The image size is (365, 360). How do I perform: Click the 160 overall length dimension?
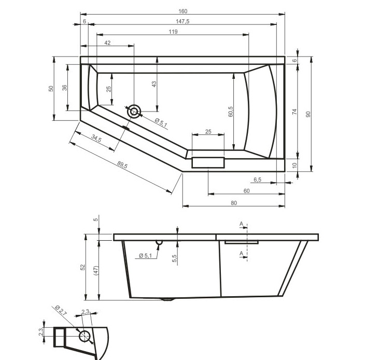coord(183,11)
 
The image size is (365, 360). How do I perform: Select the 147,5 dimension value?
coord(182,21)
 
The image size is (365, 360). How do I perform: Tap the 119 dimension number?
coord(173,32)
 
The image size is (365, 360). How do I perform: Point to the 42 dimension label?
coord(107,43)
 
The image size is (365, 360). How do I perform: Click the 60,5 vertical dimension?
coord(231,112)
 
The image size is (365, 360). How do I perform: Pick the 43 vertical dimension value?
coord(154,85)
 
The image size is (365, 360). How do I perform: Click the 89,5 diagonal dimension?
coord(122,164)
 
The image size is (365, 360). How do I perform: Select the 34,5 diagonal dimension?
coord(96,139)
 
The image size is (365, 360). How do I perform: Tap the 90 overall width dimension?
coord(308,114)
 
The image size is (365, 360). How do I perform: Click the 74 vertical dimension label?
coord(294,112)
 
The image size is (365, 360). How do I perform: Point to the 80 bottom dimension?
coord(234,203)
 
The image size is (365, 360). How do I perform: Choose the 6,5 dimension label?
coord(258,180)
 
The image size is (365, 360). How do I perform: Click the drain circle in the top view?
coord(134,112)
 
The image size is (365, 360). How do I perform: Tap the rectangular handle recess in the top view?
coord(208,162)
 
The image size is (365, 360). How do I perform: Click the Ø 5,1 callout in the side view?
coord(145,256)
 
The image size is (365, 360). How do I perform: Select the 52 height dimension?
coord(82,267)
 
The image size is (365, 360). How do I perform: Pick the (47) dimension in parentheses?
coord(96,271)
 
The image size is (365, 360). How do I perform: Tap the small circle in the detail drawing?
coord(85,336)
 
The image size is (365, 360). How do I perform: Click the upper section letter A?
coord(242,224)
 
